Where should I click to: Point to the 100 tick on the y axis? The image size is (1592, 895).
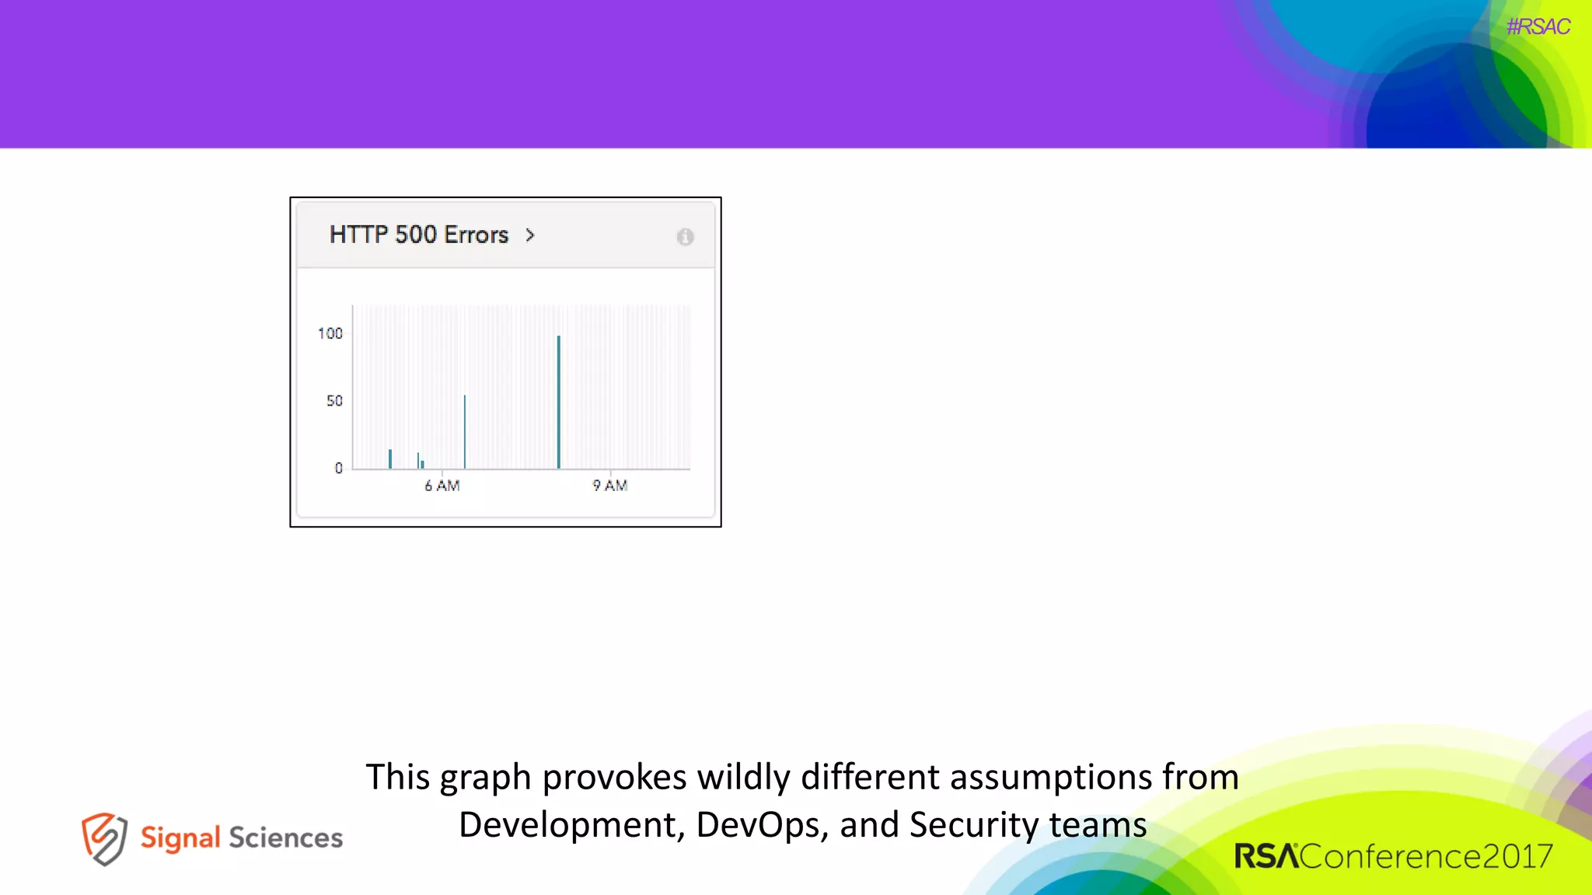[x=330, y=333]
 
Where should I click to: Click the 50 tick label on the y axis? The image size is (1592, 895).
[x=334, y=401]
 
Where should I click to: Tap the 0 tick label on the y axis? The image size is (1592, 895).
[x=338, y=468]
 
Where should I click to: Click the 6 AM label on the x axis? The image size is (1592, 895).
[x=442, y=486]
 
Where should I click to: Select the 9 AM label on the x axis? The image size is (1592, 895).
[x=610, y=486]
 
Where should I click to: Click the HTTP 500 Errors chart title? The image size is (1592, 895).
[x=419, y=235]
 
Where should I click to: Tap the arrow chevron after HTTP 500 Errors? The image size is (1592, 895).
[x=530, y=235]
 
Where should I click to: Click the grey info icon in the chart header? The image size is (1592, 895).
[x=685, y=237]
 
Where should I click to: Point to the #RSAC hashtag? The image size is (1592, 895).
[x=1538, y=27]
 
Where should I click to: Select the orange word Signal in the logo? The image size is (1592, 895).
[x=180, y=838]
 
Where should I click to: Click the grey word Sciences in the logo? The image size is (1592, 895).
[x=285, y=838]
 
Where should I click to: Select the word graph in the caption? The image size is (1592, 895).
[x=485, y=778]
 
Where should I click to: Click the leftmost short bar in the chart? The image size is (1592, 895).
[x=390, y=459]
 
